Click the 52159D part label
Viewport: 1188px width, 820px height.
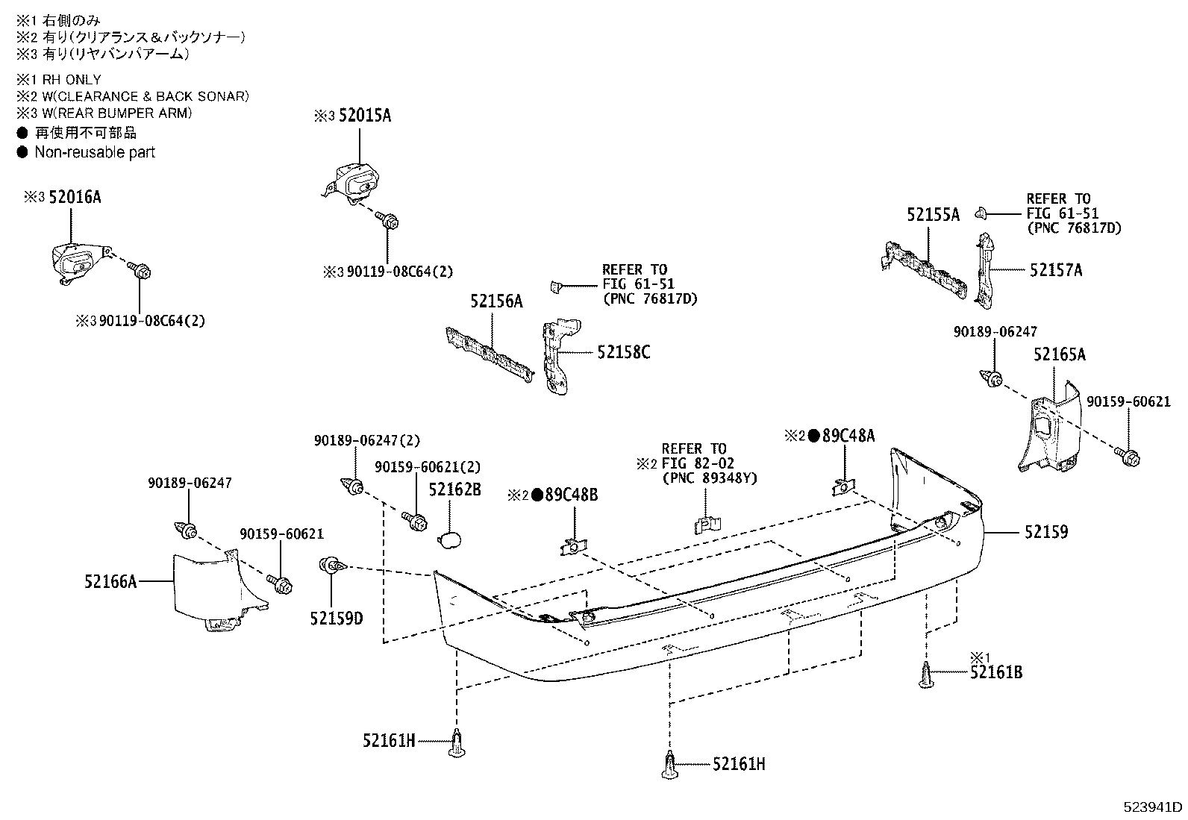click(337, 618)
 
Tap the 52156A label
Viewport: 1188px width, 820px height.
click(496, 301)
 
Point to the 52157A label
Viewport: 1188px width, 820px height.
click(1055, 270)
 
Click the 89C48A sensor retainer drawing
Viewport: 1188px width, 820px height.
click(842, 486)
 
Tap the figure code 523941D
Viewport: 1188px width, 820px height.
click(1154, 807)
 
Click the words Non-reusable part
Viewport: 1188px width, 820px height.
click(95, 152)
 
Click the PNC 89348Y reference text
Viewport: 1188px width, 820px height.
click(710, 478)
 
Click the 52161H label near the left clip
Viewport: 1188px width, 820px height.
click(389, 741)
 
